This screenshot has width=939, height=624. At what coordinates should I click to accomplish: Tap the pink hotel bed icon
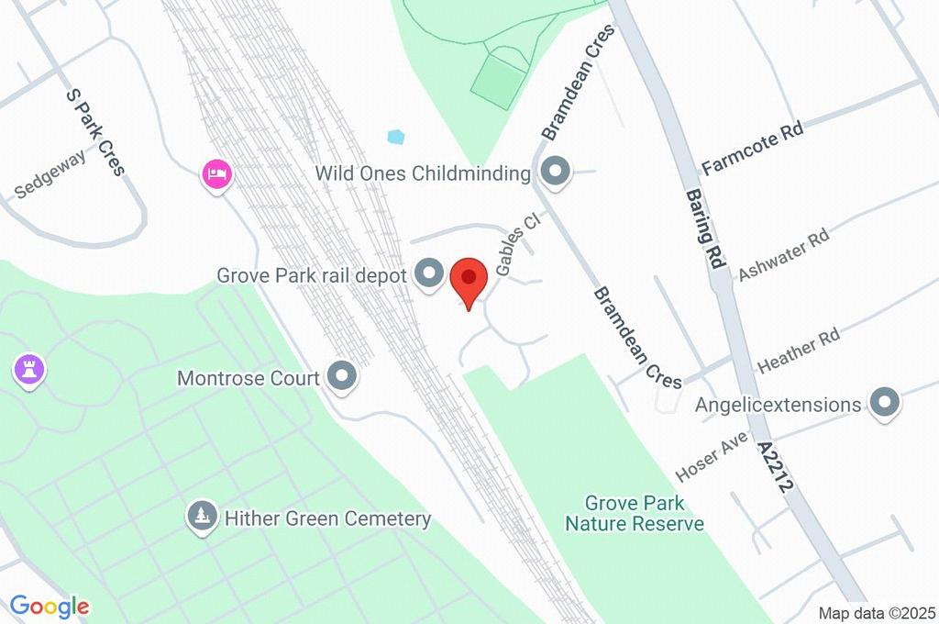coord(216,173)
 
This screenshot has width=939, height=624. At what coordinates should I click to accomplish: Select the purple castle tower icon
coord(29,371)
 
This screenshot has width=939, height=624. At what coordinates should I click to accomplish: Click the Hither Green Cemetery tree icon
coord(201,518)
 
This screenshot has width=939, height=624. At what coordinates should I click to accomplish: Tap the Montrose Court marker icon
coord(342,376)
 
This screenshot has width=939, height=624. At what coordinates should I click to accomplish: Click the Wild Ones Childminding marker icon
coord(554,172)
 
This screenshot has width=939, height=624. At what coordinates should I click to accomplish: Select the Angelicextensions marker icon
coord(885,403)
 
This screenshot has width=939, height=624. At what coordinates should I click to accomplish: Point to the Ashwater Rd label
coord(784,254)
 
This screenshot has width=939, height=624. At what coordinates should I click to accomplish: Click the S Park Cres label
coord(94,131)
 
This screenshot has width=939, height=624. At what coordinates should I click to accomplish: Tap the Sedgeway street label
coord(51,173)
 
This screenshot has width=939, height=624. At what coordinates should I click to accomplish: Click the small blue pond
coord(396,138)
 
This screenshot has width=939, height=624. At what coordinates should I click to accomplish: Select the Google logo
coord(50,606)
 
